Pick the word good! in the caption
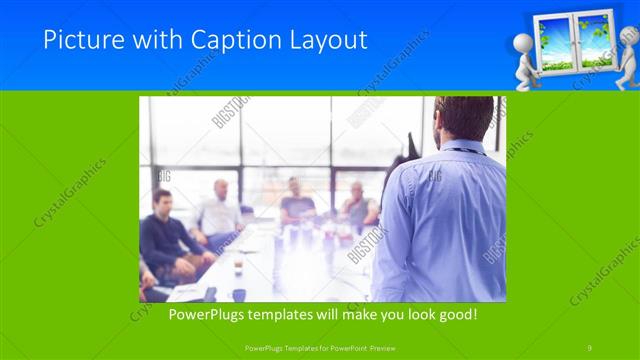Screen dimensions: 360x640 coord(456,313)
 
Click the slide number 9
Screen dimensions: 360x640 coord(590,346)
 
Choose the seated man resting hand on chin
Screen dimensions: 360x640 coord(357,205)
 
